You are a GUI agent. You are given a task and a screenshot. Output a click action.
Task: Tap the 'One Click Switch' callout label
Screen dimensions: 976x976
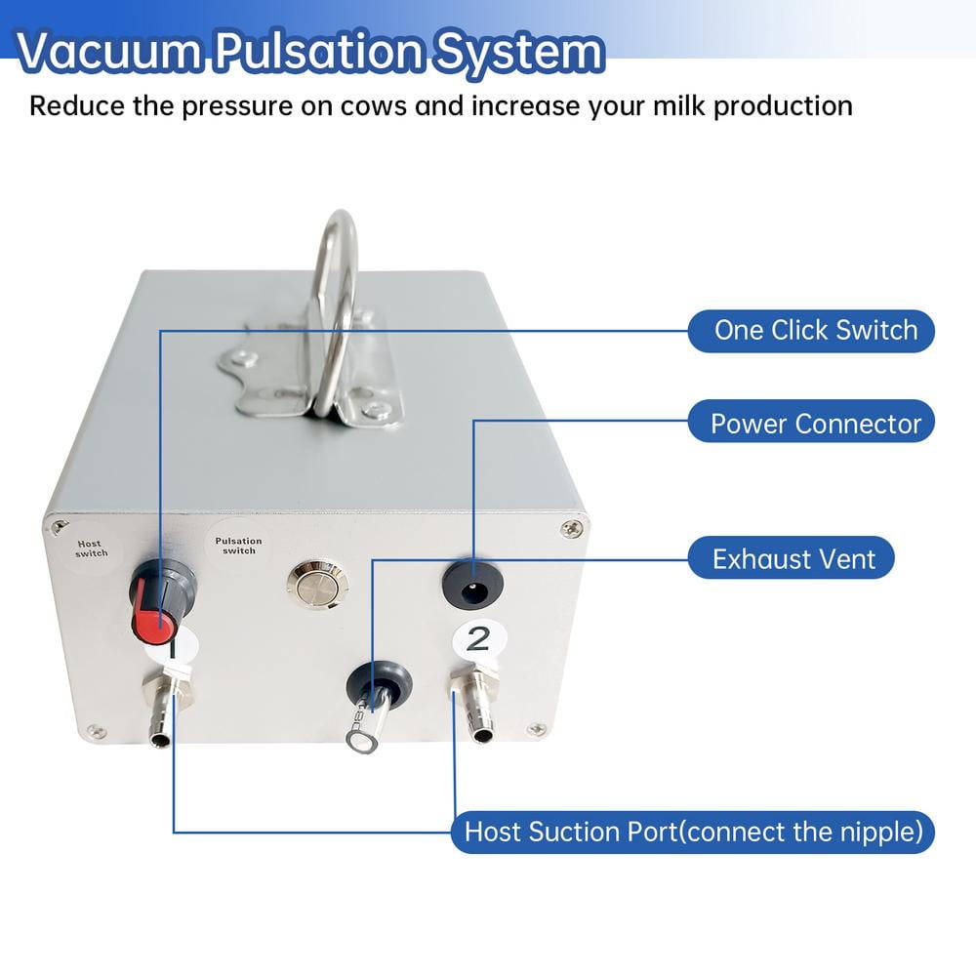coord(815,330)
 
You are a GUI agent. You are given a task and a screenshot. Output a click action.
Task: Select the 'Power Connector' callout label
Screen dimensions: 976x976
coord(815,424)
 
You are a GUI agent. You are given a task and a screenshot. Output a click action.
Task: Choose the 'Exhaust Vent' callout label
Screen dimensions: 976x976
coord(793,559)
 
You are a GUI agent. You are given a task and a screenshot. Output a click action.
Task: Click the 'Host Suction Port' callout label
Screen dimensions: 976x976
coord(693,833)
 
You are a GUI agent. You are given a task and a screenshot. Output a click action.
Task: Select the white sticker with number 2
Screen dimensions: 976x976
coord(478,639)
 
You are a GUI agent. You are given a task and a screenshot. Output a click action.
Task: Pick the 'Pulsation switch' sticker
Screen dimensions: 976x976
coord(239,546)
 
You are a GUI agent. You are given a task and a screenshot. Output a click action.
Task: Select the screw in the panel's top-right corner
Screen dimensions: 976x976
coord(573,528)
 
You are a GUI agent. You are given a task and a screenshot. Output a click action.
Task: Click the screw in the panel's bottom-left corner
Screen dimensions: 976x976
coord(95,731)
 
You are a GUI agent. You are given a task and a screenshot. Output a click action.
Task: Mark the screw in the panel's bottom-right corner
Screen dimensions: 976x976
coord(536,729)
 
